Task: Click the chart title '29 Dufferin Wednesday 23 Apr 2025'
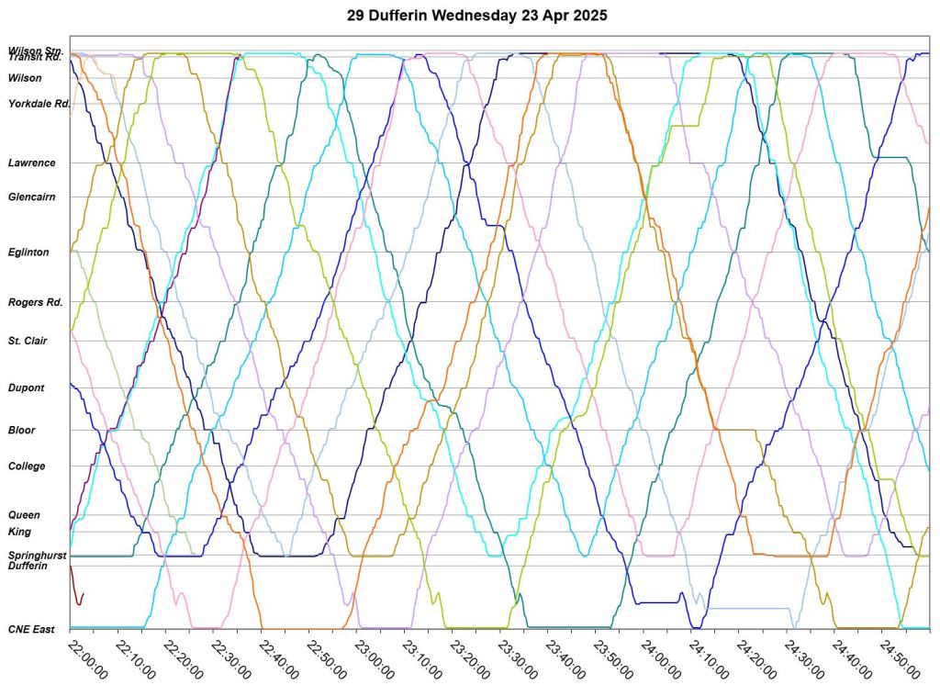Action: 476,16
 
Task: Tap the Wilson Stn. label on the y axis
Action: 36,50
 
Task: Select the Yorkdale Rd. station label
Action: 39,104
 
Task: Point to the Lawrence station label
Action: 32,163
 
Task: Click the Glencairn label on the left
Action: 32,197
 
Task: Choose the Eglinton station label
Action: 28,252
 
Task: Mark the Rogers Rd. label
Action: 36,302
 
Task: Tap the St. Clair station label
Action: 28,341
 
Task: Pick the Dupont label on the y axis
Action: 26,387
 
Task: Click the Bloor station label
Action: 22,430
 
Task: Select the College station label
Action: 27,466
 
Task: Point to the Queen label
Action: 24,515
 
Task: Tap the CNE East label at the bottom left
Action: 31,629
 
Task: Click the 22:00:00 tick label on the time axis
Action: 87,658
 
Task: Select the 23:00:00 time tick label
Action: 374,658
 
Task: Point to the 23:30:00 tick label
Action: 517,658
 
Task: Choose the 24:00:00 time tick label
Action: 660,658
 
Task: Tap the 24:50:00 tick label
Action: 899,658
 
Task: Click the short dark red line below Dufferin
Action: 77,592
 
